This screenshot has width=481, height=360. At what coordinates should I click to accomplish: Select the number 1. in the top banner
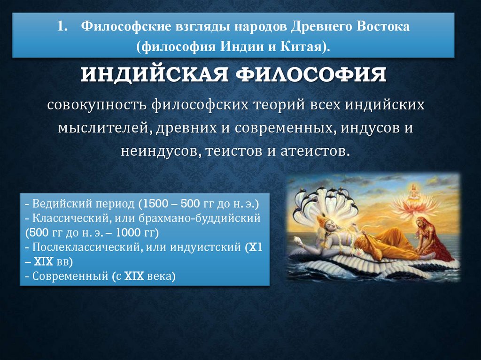[63, 26]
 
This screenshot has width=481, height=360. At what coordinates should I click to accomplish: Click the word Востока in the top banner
[380, 26]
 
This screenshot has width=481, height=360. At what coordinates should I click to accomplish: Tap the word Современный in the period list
[67, 276]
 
